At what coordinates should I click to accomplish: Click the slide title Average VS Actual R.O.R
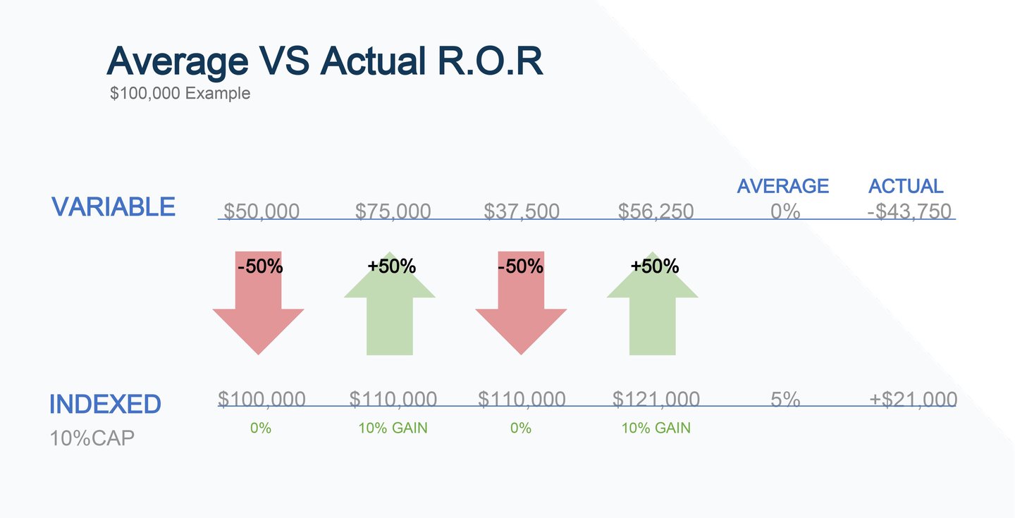[x=325, y=61]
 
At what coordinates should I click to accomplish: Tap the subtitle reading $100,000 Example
[x=180, y=93]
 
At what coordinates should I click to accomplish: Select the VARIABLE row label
[x=113, y=206]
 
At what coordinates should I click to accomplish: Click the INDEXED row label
[x=105, y=404]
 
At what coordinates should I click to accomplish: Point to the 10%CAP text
[x=92, y=438]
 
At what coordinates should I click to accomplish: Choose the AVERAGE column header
[x=782, y=186]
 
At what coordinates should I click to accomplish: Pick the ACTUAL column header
[x=906, y=186]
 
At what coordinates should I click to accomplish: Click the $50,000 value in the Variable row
[x=262, y=211]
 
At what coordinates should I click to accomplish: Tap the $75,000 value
[x=393, y=211]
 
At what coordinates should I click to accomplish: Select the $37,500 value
[x=522, y=211]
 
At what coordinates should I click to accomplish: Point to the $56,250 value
[x=656, y=211]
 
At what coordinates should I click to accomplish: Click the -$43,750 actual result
[x=909, y=211]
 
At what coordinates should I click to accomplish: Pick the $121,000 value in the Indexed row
[x=656, y=400]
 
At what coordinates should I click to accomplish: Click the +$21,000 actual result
[x=914, y=400]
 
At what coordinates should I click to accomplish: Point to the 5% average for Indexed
[x=785, y=400]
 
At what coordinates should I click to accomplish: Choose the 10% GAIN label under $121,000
[x=656, y=428]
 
